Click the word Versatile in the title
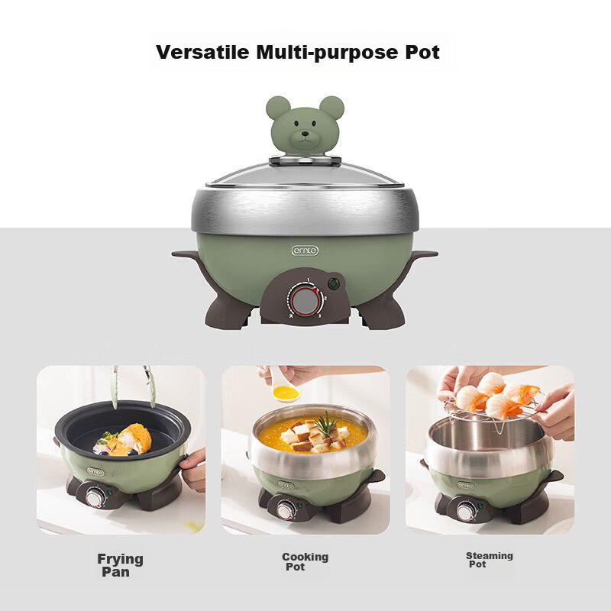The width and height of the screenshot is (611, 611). tap(202, 52)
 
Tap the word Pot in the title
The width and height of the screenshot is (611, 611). tap(422, 52)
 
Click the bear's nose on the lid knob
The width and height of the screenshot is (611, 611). tap(305, 134)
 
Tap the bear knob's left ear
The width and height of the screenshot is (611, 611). tap(278, 108)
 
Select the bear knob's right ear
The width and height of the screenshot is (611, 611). tap(331, 108)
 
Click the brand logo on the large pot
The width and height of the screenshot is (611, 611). tap(305, 251)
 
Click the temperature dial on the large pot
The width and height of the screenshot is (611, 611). tap(305, 301)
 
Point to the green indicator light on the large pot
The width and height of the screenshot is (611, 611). tap(333, 283)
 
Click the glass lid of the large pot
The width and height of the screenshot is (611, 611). tap(305, 175)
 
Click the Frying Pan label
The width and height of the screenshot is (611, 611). tap(120, 565)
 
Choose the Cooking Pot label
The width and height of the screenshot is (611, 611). tap(305, 561)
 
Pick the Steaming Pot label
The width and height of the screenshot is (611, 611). tap(490, 560)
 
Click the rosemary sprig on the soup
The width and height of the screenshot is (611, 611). tap(326, 424)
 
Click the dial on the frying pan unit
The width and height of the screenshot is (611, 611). tap(94, 499)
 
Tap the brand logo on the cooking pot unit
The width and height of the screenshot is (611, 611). tap(286, 485)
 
